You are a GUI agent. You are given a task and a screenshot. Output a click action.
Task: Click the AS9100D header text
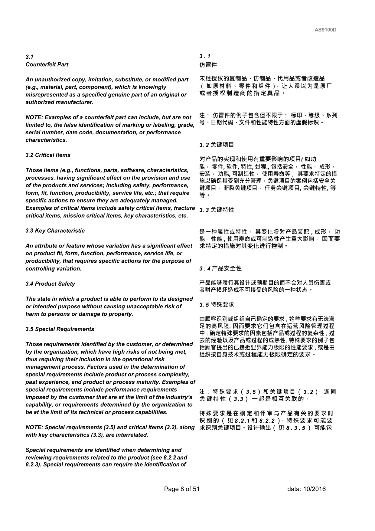325,30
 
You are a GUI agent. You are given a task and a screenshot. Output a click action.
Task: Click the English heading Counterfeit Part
47,64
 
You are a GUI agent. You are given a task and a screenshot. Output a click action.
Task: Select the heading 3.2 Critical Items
48,155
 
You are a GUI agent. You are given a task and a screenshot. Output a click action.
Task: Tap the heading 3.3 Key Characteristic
55,231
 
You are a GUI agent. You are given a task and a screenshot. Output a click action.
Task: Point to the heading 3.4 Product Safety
50,284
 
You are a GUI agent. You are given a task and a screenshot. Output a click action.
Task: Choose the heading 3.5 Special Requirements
60,329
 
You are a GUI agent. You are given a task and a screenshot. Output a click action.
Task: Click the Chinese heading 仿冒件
208,65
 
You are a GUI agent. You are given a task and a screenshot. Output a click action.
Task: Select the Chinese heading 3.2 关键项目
217,145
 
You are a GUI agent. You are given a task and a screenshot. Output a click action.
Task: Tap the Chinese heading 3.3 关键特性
217,210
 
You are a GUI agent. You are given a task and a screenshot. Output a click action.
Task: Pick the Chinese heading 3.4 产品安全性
220,268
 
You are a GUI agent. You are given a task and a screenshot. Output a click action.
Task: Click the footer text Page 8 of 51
182,489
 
